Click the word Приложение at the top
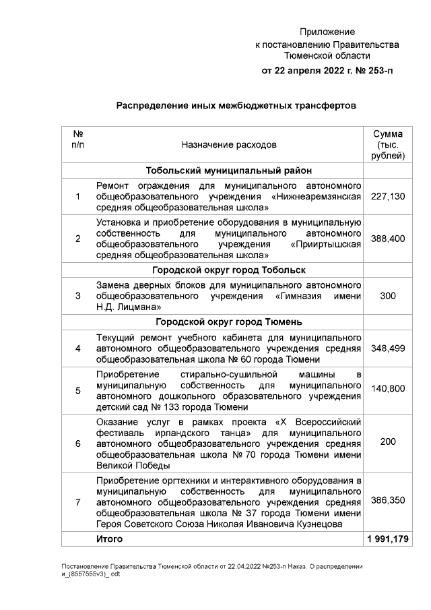327,32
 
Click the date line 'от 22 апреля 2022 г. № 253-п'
327,71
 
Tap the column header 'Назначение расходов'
228,144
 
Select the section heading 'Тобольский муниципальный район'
228,171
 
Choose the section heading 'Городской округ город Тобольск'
228,270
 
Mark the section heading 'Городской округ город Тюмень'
228,321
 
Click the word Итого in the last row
110,540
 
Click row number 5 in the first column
77,390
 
